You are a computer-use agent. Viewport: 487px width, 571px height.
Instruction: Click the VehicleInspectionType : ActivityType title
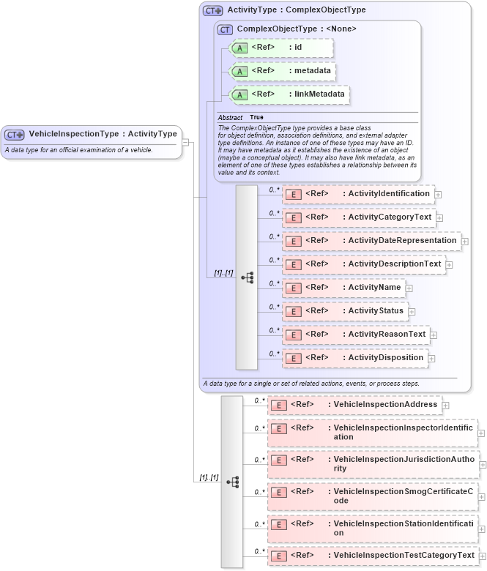(103, 134)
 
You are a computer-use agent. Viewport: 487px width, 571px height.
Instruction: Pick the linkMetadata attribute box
(289, 95)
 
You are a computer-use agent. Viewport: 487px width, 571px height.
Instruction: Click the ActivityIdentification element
(358, 194)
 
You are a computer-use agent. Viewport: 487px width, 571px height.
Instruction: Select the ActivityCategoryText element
(359, 217)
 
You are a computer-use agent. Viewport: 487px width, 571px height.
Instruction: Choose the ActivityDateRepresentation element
(371, 241)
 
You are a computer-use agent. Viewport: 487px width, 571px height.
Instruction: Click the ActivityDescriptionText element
(363, 264)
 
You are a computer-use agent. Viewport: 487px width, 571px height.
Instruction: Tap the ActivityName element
(343, 288)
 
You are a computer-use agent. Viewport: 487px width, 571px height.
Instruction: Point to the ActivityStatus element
(345, 311)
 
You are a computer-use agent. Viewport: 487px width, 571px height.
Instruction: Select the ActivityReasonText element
(356, 335)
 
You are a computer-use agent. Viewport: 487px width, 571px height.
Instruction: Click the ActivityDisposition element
(355, 358)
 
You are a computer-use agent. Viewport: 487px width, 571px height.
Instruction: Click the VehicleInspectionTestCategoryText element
(373, 556)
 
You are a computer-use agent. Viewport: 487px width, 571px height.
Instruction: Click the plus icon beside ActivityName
(409, 288)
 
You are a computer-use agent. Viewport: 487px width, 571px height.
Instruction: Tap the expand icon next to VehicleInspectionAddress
(445, 406)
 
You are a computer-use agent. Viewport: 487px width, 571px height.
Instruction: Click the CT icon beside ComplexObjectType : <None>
(225, 29)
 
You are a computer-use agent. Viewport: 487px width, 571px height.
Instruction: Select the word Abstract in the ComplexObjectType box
(230, 117)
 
